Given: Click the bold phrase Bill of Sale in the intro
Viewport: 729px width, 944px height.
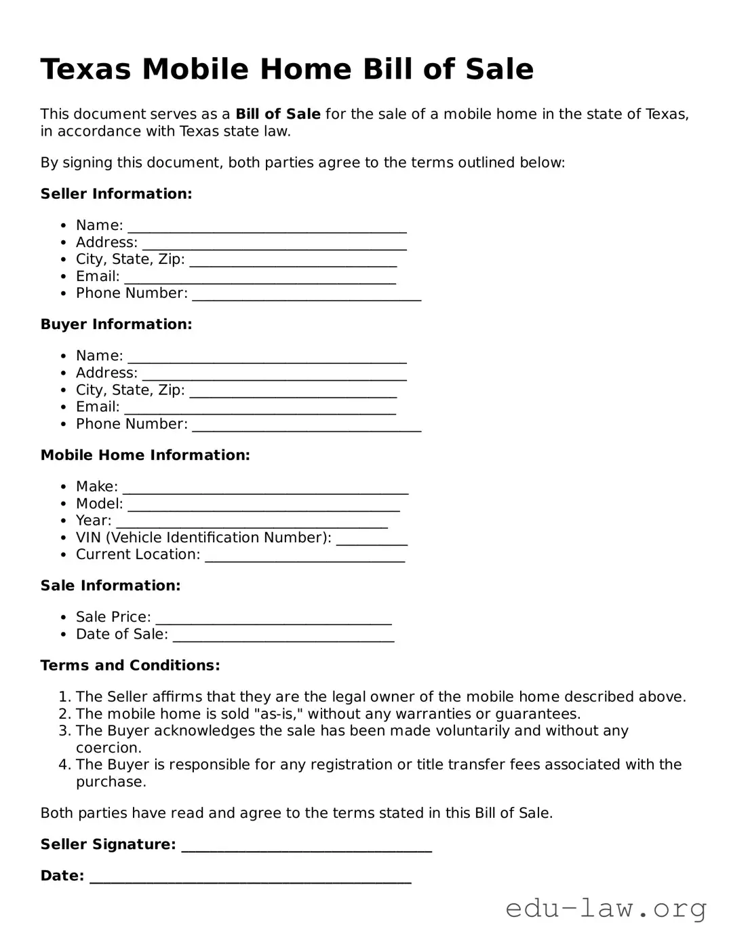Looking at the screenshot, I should pos(277,114).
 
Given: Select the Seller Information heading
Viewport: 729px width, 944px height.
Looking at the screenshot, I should pos(116,194).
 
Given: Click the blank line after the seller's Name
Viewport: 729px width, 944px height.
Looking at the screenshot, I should pos(267,227).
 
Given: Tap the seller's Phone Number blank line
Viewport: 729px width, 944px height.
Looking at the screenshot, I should pos(307,295).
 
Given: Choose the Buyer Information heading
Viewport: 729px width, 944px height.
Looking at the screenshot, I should pos(116,324).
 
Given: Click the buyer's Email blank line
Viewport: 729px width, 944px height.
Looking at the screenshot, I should pos(260,409).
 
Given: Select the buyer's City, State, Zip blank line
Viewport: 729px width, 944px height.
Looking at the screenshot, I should pos(293,392).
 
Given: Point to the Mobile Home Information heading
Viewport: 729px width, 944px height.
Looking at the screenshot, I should pos(145,455).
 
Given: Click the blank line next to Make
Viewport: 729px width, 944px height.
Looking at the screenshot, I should pos(265,489).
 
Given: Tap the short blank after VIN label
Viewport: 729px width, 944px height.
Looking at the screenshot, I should pos(372,540).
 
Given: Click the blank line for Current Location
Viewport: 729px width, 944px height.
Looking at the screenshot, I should pos(304,556).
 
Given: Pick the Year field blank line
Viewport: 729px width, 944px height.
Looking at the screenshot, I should pos(252,523).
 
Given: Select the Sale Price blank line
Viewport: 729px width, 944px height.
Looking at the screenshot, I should pos(273,619).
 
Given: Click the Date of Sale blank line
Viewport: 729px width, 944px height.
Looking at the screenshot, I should pos(283,636).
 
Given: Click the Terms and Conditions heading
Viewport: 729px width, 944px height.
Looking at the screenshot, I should pos(130,666).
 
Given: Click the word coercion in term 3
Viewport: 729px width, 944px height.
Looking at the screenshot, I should pos(109,748).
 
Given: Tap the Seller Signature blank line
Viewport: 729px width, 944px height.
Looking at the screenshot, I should pos(307,846).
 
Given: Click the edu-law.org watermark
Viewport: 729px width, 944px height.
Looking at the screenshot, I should pos(606,908).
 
